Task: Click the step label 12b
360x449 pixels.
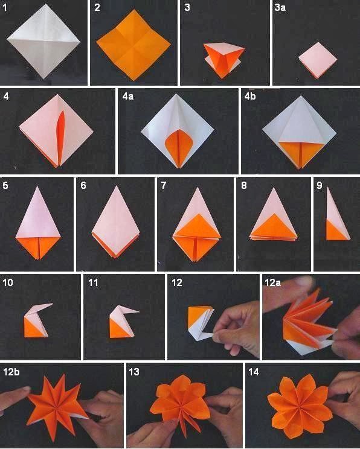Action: [x=11, y=371]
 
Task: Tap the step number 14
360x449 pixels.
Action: [x=253, y=371]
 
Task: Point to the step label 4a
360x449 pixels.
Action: [x=127, y=95]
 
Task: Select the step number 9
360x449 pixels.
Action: [x=318, y=185]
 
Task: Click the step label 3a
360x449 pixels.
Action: [x=281, y=8]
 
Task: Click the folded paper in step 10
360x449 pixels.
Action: [x=36, y=319]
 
